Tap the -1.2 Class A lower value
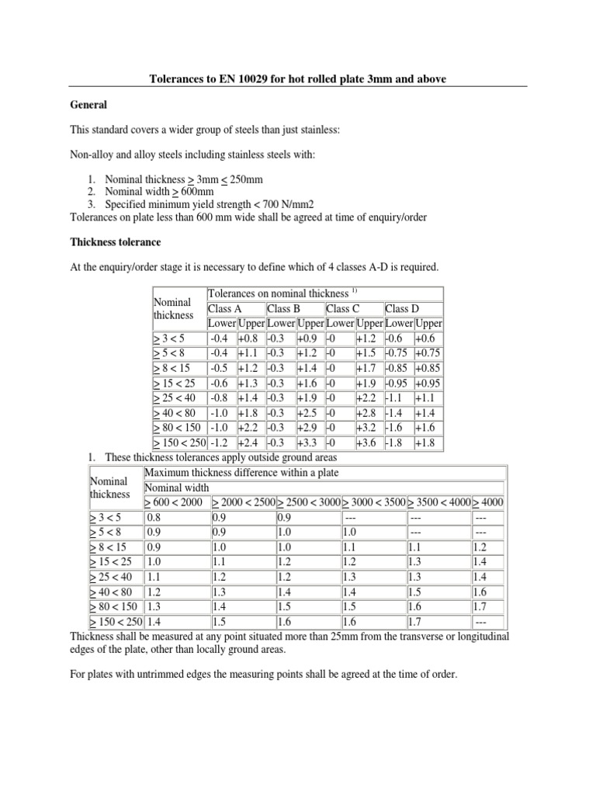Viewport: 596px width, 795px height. click(219, 442)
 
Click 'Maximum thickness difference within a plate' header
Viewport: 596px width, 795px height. click(241, 473)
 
